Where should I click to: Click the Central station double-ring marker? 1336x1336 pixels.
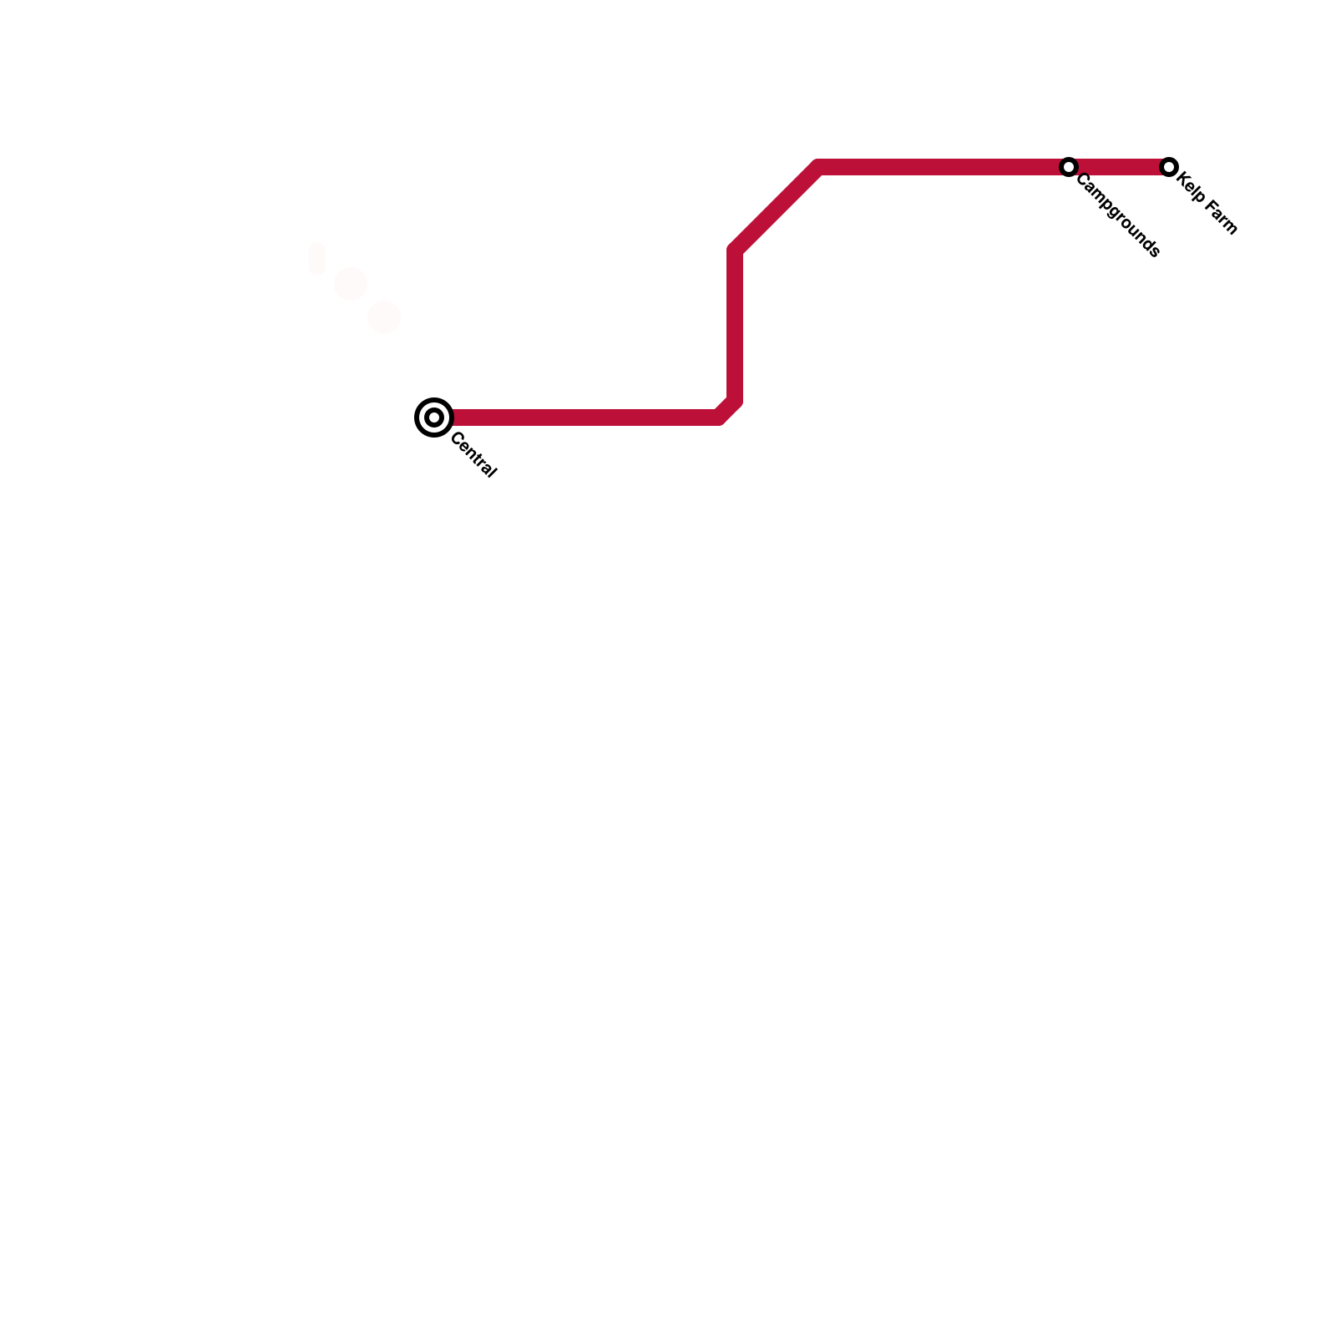point(434,417)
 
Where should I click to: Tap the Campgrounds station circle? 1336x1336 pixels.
point(1069,167)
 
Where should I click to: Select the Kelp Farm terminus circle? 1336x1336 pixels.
point(1169,167)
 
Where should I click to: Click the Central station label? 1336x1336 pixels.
point(473,456)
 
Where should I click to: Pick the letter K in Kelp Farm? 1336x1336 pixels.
point(1182,180)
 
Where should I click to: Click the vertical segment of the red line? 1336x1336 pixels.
point(735,326)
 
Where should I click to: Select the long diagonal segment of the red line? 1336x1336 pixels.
point(777,209)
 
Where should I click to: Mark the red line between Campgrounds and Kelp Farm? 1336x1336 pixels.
point(1119,167)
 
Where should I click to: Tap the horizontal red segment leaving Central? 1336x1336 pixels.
point(584,417)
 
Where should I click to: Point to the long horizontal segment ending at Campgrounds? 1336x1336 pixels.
point(944,167)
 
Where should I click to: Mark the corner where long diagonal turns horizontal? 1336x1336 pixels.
point(818,167)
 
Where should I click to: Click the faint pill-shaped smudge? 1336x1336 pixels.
point(317,259)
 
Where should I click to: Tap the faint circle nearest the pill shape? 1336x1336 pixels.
point(351,284)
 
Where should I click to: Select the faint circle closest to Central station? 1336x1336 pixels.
point(384,317)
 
